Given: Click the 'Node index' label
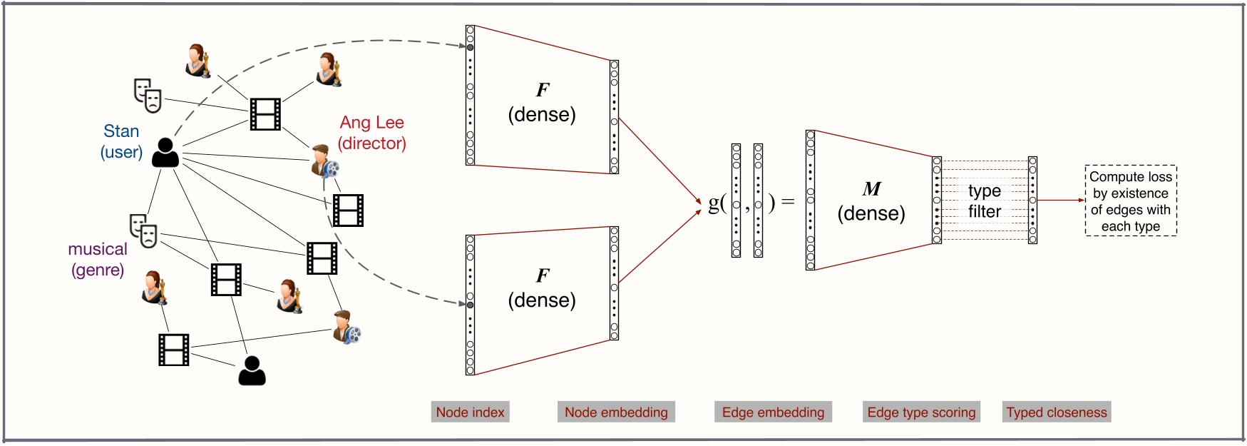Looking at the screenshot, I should coord(470,412).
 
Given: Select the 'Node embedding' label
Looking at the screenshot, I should coord(616,412).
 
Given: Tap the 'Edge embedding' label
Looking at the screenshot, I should coord(773,412).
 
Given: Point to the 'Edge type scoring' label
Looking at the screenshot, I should coord(921,412).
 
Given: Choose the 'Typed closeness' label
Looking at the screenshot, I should coord(1057,412).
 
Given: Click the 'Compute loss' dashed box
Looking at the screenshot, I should coord(1130,201).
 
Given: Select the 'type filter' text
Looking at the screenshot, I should coord(984,201).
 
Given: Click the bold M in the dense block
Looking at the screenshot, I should coord(871,189).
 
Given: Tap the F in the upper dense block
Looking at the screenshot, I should coord(543,90).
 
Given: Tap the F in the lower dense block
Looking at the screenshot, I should coord(543,275).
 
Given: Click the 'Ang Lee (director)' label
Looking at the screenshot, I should coord(371,133).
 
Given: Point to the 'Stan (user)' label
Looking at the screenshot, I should coord(121,141).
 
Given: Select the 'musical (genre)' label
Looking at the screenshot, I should coord(98,259).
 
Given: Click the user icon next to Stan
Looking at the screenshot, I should coord(165,153).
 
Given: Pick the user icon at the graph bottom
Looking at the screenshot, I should coord(252,370).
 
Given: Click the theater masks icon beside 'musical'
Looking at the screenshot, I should coord(143,230).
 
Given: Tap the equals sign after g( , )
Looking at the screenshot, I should coord(788,202).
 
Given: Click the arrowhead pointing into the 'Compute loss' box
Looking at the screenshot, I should coord(1081,201).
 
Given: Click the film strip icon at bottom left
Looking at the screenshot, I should coord(174,350).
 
